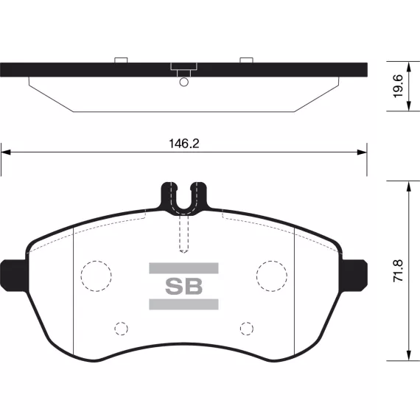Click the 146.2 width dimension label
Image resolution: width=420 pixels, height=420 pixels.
pyautogui.click(x=184, y=144)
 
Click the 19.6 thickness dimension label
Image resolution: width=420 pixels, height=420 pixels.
pyautogui.click(x=398, y=86)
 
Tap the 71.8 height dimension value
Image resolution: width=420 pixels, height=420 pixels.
pyautogui.click(x=398, y=270)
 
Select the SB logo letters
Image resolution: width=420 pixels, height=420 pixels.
pyautogui.click(x=183, y=287)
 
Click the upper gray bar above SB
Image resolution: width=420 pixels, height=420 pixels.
pyautogui.click(x=183, y=268)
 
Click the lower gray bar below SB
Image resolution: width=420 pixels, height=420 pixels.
pyautogui.click(x=183, y=304)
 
